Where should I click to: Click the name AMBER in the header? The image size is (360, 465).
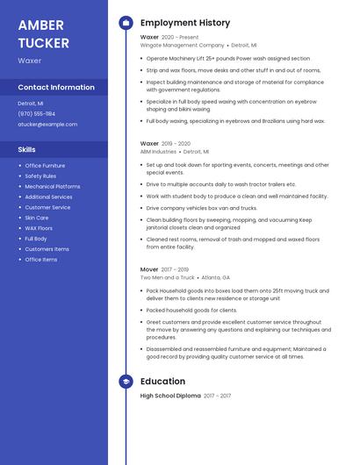tap(40, 24)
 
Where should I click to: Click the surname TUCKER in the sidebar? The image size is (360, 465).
tap(43, 42)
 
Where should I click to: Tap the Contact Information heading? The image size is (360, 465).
tap(56, 88)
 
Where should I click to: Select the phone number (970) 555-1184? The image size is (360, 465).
tap(37, 114)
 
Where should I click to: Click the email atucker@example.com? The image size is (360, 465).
tap(47, 125)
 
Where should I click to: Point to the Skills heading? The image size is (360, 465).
tap(26, 150)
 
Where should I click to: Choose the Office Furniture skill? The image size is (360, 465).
tap(45, 166)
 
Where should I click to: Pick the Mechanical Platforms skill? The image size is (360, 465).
tap(53, 187)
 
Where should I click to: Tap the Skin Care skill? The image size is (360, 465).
tap(37, 218)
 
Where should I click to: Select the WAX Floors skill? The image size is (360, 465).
tap(39, 228)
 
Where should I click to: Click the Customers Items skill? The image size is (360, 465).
tap(47, 249)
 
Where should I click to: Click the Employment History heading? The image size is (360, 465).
tap(185, 23)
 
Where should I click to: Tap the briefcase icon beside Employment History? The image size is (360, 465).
tap(126, 23)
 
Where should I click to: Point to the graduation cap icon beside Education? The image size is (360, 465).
tap(126, 382)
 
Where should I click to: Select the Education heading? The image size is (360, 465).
tap(162, 382)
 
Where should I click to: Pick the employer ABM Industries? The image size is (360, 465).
tap(159, 151)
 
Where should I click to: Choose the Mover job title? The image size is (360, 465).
tap(149, 269)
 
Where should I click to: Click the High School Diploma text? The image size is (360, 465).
tap(170, 396)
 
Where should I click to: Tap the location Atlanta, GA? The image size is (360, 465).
tap(215, 277)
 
